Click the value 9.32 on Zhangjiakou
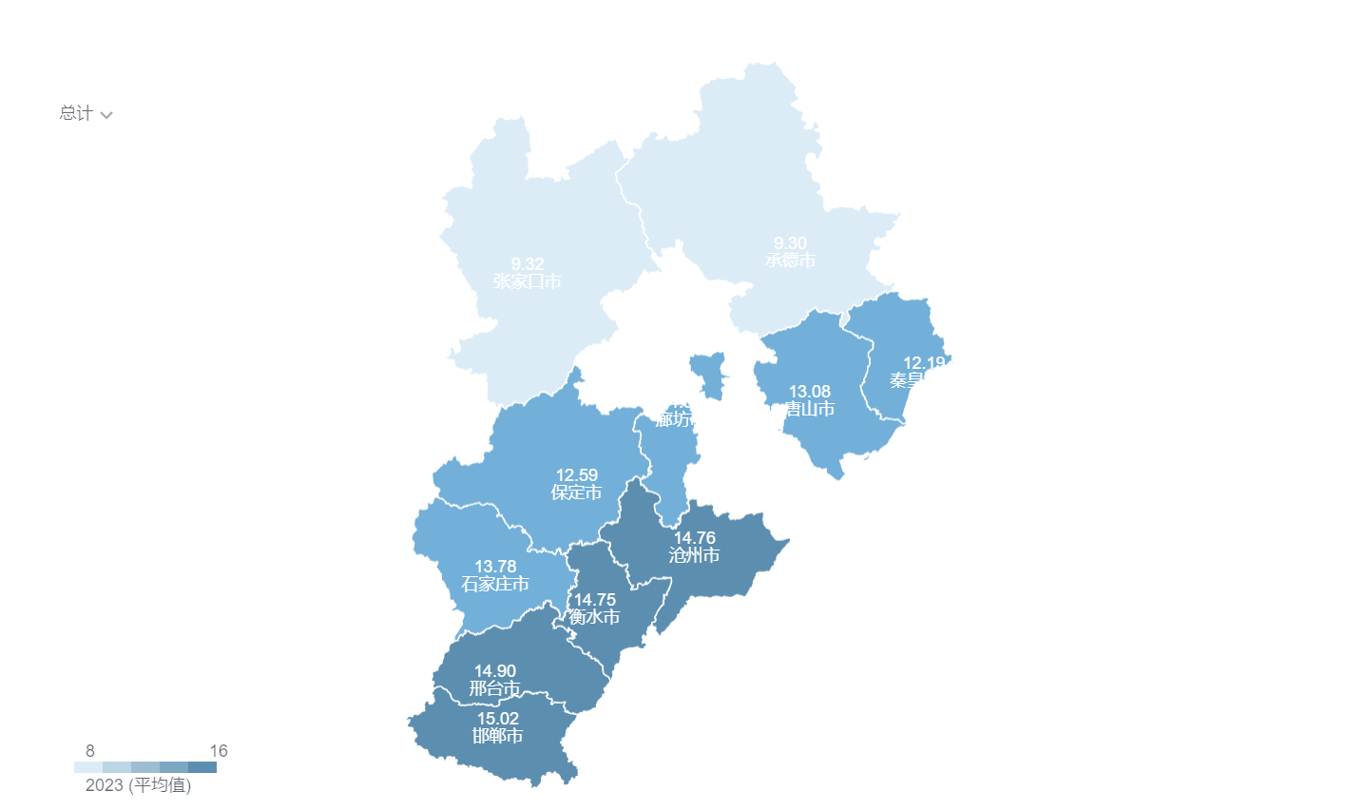(x=527, y=264)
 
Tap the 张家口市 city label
(x=527, y=281)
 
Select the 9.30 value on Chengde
(x=790, y=243)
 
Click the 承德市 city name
(x=790, y=261)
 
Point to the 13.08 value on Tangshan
(x=809, y=392)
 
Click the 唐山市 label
(x=809, y=409)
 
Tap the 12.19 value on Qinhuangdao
(x=923, y=363)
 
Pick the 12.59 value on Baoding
(x=576, y=475)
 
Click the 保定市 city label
(x=576, y=492)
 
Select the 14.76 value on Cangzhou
(x=694, y=538)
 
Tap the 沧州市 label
(x=694, y=555)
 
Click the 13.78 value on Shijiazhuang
(x=495, y=567)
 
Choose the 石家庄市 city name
(x=495, y=584)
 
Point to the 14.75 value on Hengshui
(x=594, y=600)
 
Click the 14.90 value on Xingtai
(x=494, y=671)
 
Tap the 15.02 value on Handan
(x=497, y=719)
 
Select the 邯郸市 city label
(x=497, y=736)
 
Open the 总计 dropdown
(x=86, y=114)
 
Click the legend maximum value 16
(x=219, y=751)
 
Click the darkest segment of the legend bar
(x=202, y=767)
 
